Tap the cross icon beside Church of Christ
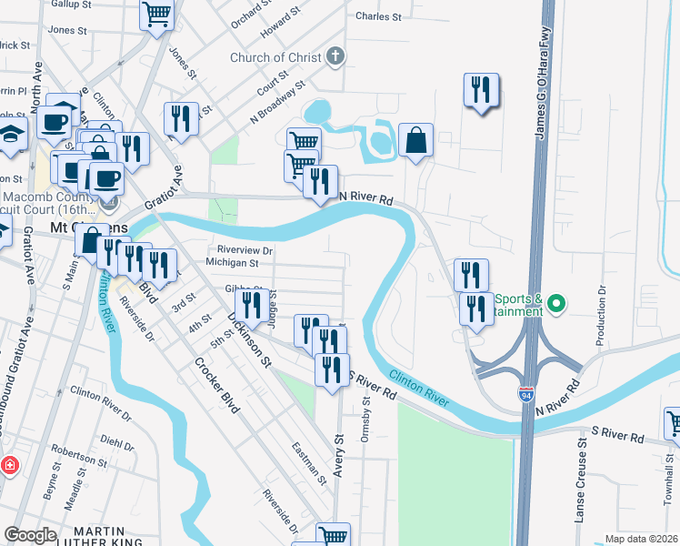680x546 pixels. [335, 56]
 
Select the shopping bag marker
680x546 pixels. [415, 141]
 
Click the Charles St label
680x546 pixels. [378, 16]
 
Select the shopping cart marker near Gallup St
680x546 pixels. [156, 15]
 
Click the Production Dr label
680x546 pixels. [601, 316]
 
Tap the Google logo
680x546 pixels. [31, 534]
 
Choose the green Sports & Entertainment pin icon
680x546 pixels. [559, 303]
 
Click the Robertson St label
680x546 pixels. [79, 450]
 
